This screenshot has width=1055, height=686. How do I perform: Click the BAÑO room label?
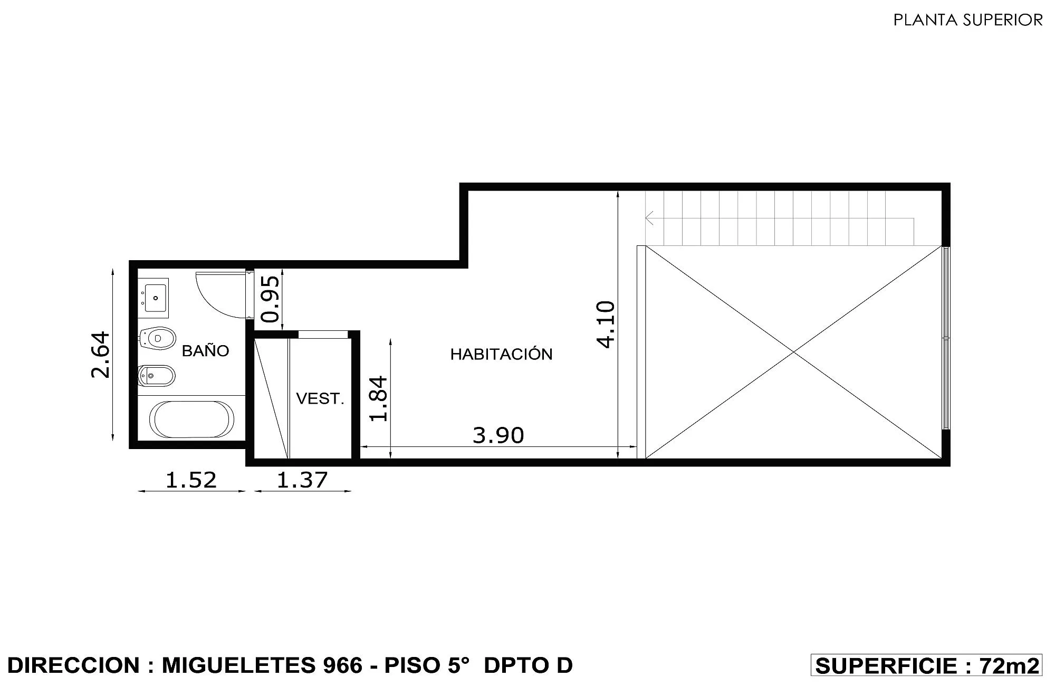(205, 350)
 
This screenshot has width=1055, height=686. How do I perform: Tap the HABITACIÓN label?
(501, 354)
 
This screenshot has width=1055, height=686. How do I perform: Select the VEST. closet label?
(320, 398)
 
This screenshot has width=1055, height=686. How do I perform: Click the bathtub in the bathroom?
(191, 420)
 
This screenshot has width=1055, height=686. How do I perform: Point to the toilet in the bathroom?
(157, 338)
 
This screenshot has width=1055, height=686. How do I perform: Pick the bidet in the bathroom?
(156, 376)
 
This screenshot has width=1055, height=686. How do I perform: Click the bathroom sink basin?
(156, 298)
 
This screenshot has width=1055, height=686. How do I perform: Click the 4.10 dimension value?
(606, 324)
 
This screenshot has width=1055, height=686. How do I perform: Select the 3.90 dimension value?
(498, 435)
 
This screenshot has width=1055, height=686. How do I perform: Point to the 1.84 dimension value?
(379, 398)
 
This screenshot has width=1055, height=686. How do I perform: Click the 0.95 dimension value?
(271, 299)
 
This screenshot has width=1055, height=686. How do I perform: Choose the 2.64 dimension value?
(100, 355)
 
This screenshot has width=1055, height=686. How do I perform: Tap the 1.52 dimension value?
(191, 480)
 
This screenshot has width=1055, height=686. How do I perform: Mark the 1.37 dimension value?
(302, 480)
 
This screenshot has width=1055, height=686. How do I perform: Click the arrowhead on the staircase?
(649, 218)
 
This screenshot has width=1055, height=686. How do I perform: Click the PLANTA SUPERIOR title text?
(968, 20)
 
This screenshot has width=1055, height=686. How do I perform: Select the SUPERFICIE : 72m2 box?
(926, 665)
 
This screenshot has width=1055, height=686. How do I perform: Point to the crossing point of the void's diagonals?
(793, 352)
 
